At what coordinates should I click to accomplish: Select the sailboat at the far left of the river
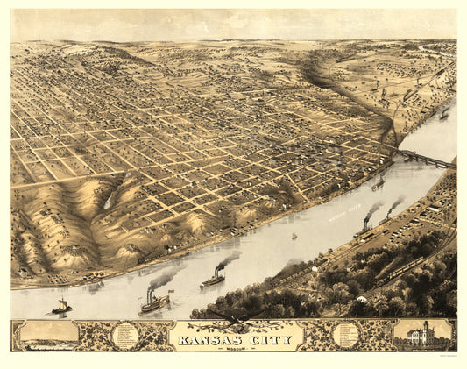(x=61, y=307)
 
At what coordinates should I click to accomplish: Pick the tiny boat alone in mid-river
(x=294, y=235)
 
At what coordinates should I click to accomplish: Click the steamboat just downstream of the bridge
(x=378, y=184)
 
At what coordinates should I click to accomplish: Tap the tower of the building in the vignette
(x=423, y=325)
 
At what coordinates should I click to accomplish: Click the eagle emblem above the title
(x=234, y=317)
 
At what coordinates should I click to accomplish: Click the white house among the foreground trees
(x=361, y=300)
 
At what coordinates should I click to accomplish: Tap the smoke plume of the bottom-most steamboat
(x=165, y=279)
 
